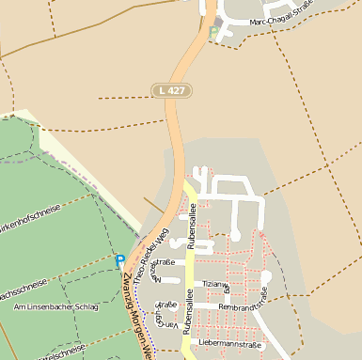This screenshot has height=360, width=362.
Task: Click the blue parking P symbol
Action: [x=119, y=260]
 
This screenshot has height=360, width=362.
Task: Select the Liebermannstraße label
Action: [x=230, y=345]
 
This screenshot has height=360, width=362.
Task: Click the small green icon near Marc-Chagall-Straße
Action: [x=213, y=33]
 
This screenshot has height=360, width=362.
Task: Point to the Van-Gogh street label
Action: [x=157, y=321]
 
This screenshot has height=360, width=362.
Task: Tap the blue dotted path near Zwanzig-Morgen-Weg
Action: [x=141, y=301]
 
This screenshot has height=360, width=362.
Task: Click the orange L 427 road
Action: [x=173, y=141]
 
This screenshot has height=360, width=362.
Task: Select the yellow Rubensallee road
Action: [x=188, y=273]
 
